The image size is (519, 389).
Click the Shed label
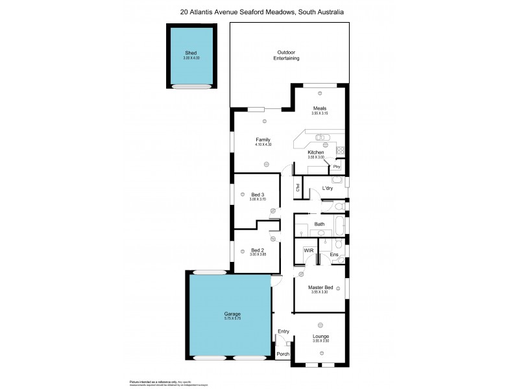click(191, 53)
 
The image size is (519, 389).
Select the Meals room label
click(319, 108)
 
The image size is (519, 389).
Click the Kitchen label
click(324, 152)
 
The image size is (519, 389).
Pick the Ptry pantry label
click(337, 167)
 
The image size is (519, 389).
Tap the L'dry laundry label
click(327, 189)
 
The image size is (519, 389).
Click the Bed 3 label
click(258, 194)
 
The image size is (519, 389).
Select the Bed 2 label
click(258, 250)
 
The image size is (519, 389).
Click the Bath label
click(319, 224)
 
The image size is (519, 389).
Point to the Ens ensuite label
click(333, 254)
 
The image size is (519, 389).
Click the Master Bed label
click(320, 287)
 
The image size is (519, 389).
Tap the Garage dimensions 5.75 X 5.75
click(228, 318)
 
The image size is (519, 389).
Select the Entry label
click(283, 331)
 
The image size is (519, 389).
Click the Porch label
click(283, 354)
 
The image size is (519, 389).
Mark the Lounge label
click(320, 336)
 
